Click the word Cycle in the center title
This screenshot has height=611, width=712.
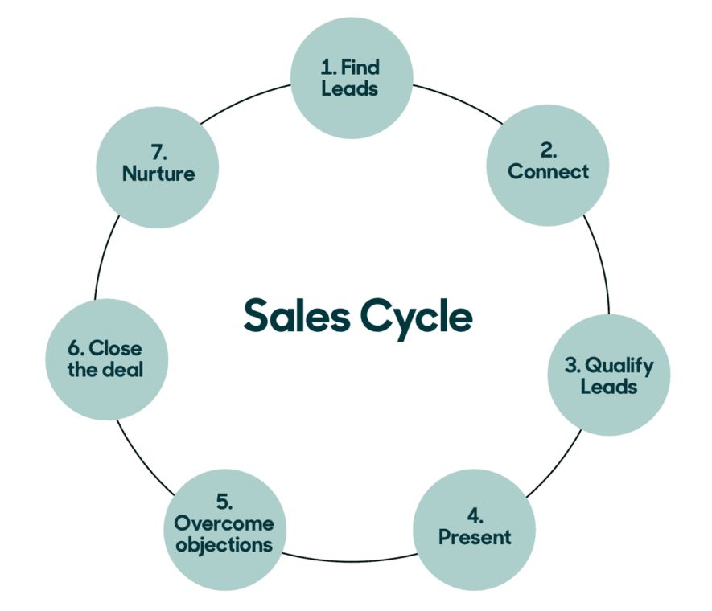tap(416, 316)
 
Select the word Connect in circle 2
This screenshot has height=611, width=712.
tap(549, 171)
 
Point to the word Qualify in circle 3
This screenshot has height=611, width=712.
tap(619, 367)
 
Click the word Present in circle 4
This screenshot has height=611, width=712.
tap(475, 536)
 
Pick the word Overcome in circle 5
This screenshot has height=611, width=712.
tap(224, 524)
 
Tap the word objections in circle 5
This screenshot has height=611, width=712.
tap(224, 545)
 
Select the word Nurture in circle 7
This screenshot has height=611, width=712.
tap(158, 173)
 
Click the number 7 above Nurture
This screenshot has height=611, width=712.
tap(158, 151)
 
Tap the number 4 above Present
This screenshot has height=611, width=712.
tap(475, 514)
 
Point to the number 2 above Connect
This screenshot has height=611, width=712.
tap(548, 150)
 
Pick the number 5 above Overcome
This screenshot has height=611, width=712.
tap(223, 503)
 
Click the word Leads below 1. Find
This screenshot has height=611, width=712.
tap(350, 88)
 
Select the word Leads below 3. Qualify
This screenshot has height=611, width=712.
tap(609, 387)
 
